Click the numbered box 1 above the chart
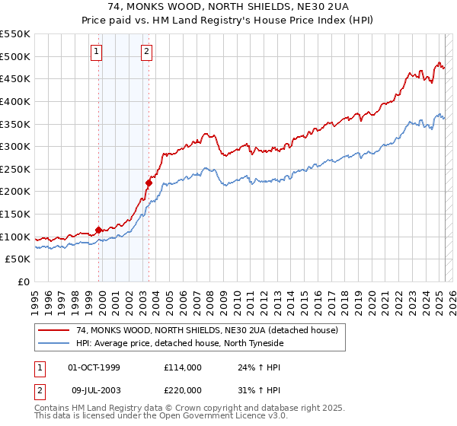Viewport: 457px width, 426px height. (97, 52)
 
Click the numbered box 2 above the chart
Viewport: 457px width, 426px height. (145, 52)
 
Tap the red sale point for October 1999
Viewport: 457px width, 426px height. (98, 230)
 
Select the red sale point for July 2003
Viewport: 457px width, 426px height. (149, 183)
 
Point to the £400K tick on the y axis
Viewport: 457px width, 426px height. (17, 101)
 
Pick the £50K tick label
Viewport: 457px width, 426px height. (20, 259)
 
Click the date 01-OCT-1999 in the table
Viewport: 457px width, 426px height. (94, 367)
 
